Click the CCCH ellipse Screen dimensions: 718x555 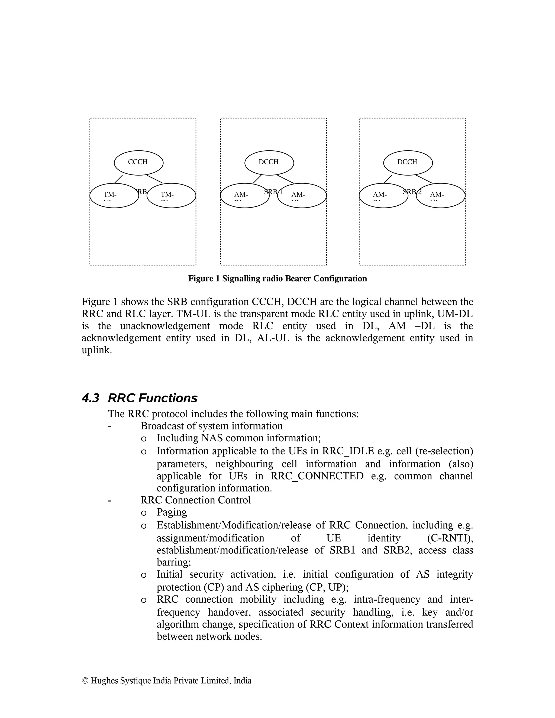(x=138, y=162)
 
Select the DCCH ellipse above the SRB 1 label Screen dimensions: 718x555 (x=269, y=162)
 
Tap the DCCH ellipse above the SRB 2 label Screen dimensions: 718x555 (x=408, y=162)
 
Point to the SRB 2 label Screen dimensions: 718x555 (x=412, y=192)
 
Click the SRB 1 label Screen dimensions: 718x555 (x=273, y=192)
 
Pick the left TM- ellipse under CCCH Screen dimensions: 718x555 (x=114, y=196)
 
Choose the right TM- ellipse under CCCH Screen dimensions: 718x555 (x=171, y=196)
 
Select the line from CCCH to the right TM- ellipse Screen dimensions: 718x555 (x=155, y=179)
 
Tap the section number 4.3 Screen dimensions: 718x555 (x=91, y=398)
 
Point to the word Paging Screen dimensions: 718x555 (x=172, y=512)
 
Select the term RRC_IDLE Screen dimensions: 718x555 (x=348, y=451)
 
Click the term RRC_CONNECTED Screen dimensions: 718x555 (x=317, y=476)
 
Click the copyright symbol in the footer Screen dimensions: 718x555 (x=85, y=681)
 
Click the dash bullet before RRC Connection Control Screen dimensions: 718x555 (x=109, y=500)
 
